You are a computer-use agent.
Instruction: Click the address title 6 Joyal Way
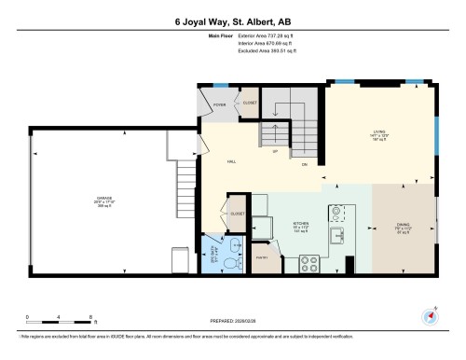(232, 21)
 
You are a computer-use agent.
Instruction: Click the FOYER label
(220, 104)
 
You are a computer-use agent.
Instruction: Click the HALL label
(230, 160)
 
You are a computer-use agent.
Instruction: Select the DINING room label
(404, 225)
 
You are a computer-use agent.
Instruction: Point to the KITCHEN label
(300, 225)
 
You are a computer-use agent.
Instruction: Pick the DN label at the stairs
(304, 165)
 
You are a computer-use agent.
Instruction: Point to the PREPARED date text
(232, 315)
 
